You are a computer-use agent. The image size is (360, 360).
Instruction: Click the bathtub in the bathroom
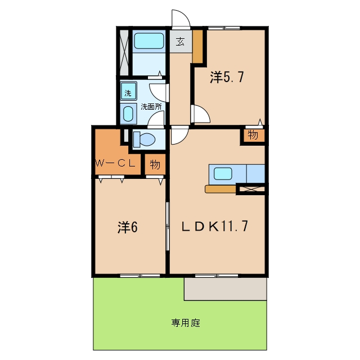click(148, 41)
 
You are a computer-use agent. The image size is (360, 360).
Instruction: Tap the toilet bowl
click(144, 139)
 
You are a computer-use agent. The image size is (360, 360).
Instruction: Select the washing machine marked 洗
click(129, 91)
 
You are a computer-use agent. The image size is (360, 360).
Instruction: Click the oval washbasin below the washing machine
click(128, 114)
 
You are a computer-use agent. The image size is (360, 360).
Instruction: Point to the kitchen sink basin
click(223, 173)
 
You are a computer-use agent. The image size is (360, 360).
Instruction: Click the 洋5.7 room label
click(227, 77)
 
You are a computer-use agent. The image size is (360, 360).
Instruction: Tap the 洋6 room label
click(128, 227)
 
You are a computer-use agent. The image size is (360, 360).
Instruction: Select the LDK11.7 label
click(215, 226)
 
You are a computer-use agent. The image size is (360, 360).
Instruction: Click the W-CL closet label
click(115, 163)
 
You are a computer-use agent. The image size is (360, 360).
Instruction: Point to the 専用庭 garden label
click(186, 323)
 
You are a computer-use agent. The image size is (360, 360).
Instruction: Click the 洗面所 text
click(151, 106)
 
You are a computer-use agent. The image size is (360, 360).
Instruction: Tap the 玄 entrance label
click(180, 42)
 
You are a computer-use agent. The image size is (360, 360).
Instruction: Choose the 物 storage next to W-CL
click(155, 164)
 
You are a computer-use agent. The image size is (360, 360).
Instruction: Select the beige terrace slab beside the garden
click(225, 289)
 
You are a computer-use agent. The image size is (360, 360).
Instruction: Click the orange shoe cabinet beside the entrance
click(197, 46)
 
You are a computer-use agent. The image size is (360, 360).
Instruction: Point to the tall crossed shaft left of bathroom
click(124, 52)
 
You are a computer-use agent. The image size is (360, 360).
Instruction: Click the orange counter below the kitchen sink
click(220, 189)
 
